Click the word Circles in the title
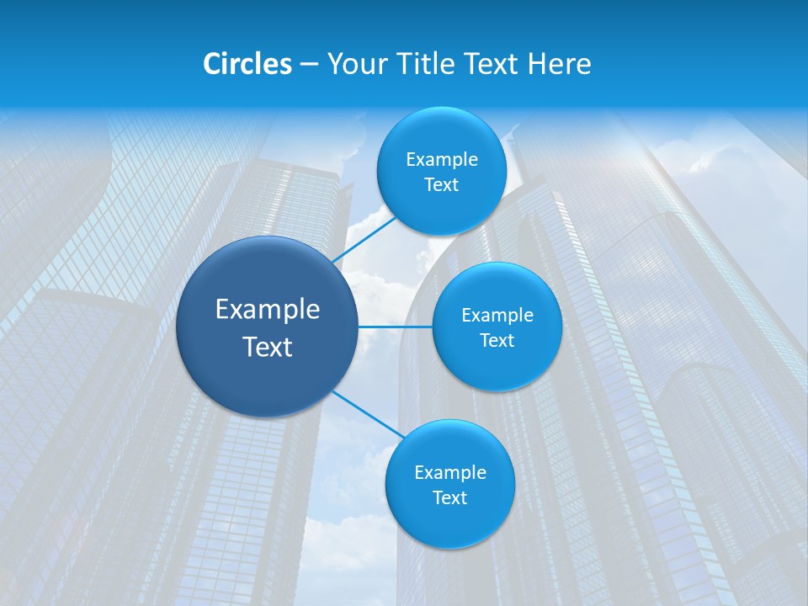(247, 64)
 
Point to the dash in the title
(308, 65)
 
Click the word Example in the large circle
(268, 310)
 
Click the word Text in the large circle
(268, 347)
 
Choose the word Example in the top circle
(442, 160)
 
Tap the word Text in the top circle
(441, 185)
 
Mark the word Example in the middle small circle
(497, 316)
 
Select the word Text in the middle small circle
(497, 341)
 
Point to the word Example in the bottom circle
(450, 473)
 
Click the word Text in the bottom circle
(449, 498)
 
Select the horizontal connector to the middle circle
(395, 327)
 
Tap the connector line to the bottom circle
(368, 414)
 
